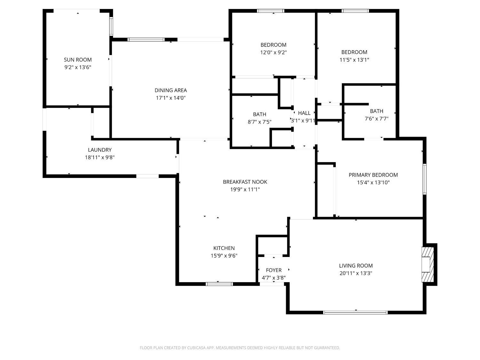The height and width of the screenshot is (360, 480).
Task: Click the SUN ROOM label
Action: [x=78, y=60]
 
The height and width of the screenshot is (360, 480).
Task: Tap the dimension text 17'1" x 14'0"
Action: [x=171, y=98]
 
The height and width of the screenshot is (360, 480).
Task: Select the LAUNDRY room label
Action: [x=100, y=150]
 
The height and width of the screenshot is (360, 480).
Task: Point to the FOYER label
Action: [x=274, y=270]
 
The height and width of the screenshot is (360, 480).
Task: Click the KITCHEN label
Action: [x=224, y=248]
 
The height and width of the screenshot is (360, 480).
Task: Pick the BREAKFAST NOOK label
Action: [x=245, y=182]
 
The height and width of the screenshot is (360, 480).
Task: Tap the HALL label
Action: [x=304, y=113]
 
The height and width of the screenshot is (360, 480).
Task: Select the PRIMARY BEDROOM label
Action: [x=373, y=175]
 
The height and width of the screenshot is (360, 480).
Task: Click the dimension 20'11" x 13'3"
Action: [x=356, y=273]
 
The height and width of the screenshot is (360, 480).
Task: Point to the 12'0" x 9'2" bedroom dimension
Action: [x=273, y=52]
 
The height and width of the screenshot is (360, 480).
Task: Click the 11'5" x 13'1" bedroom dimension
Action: [x=354, y=60]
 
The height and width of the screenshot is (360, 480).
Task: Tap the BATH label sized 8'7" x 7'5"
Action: [x=260, y=114]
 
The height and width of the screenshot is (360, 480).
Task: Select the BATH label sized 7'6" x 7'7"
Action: [x=376, y=111]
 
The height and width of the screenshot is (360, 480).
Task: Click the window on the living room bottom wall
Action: [x=355, y=312]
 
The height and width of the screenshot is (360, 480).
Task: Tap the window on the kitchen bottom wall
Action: [x=219, y=284]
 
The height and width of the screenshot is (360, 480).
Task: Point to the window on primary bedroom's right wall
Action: [x=425, y=179]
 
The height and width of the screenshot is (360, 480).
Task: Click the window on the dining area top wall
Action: [x=146, y=40]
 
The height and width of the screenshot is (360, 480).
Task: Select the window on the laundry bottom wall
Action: [x=147, y=176]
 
